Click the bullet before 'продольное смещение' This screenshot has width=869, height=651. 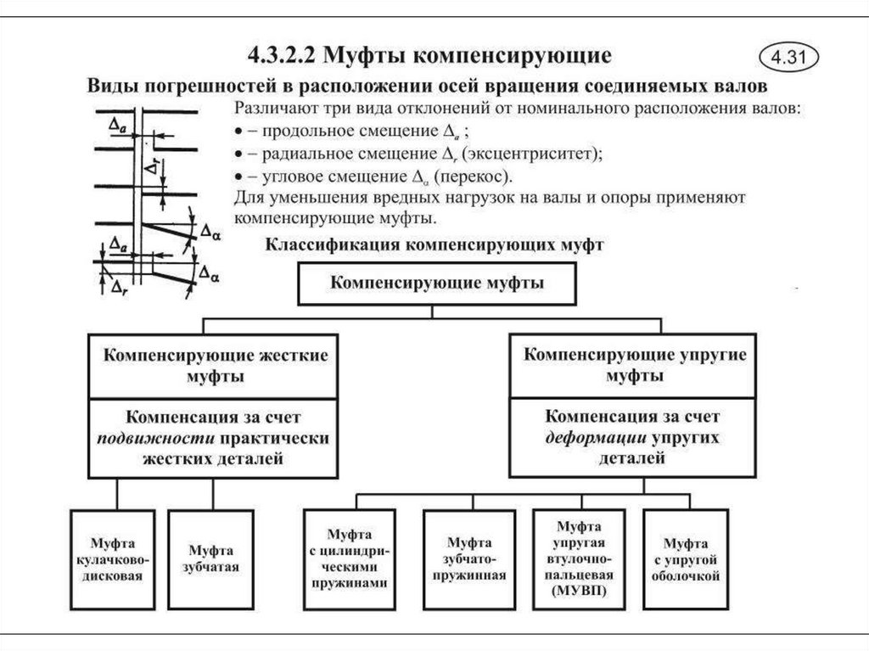236,132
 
